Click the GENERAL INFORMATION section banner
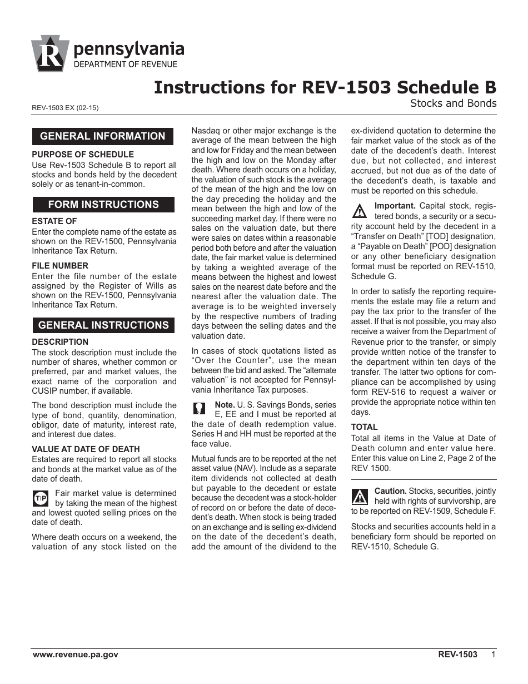pyautogui.click(x=103, y=136)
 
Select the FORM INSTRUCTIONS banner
pyautogui.click(x=103, y=204)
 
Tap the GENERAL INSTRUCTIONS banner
pyautogui.click(x=103, y=325)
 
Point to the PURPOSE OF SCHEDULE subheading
pyautogui.click(x=83, y=154)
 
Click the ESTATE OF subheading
pyautogui.click(x=54, y=221)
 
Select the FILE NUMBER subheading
pyautogui.click(x=60, y=266)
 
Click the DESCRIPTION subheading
pyautogui.click(x=60, y=342)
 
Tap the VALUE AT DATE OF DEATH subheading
pyautogui.click(x=86, y=449)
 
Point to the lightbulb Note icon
pyautogui.click(x=199, y=408)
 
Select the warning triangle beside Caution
pyautogui.click(x=360, y=495)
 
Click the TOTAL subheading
pyautogui.click(x=364, y=427)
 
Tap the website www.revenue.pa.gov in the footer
pyautogui.click(x=76, y=655)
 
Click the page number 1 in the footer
pyautogui.click(x=493, y=655)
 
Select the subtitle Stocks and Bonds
pyautogui.click(x=453, y=103)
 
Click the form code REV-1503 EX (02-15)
pyautogui.click(x=65, y=108)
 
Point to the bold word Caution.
pyautogui.click(x=391, y=491)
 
